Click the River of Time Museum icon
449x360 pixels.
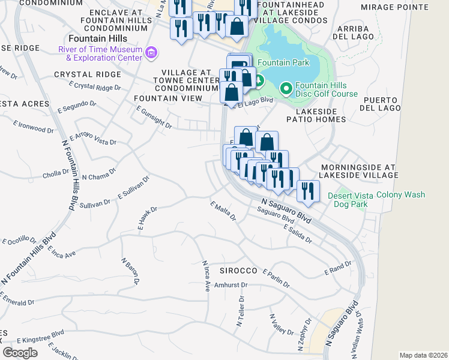150,53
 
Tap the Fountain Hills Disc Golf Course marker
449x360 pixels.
286,89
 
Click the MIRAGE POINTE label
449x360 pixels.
394,7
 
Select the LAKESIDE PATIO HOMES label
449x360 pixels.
321,115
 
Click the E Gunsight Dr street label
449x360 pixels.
154,118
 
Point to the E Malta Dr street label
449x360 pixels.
223,211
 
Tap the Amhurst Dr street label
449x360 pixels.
231,285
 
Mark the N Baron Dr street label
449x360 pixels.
130,271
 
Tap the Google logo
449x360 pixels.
20,353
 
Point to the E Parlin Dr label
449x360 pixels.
277,277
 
